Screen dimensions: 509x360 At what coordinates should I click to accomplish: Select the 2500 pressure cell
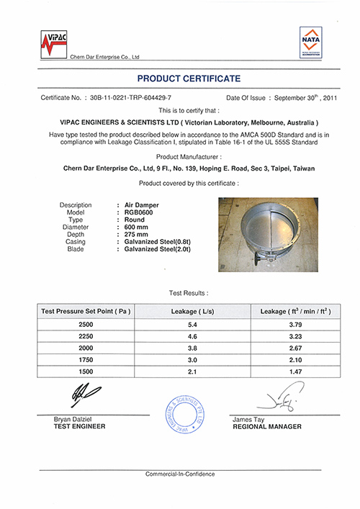86,325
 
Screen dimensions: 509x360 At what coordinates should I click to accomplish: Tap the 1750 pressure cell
86,361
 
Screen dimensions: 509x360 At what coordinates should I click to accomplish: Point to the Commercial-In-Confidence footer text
179,474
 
